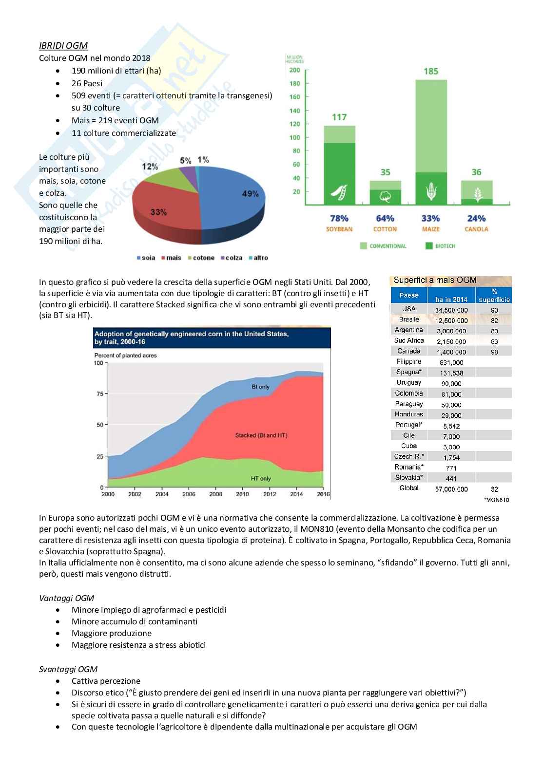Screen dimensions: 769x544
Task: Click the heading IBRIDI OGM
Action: tap(63, 46)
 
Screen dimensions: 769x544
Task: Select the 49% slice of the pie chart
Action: tap(234, 200)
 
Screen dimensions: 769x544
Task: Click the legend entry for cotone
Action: tap(201, 258)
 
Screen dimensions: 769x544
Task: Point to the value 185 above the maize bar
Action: tap(431, 72)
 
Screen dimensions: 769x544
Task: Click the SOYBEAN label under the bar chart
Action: tap(339, 229)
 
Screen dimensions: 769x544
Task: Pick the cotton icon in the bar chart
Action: tap(385, 196)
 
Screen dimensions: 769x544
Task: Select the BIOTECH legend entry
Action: tap(441, 246)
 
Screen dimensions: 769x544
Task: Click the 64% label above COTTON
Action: tap(385, 218)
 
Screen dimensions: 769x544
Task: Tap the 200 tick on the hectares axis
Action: tap(295, 70)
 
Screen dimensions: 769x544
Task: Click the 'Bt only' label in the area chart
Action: tap(260, 387)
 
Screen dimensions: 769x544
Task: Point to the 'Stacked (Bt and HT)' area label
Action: tap(261, 435)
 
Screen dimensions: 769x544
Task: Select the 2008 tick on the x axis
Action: tap(215, 494)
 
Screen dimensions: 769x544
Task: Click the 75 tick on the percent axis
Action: tap(100, 394)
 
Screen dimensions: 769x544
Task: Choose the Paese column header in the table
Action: tap(408, 295)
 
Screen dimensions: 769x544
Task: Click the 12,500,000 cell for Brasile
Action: tap(451, 320)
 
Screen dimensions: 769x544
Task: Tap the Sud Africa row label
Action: tap(409, 340)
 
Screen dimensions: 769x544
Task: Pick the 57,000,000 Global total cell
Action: tap(451, 489)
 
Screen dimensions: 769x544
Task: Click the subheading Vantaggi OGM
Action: tap(66, 598)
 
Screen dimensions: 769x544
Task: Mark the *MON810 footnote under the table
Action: tap(496, 500)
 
